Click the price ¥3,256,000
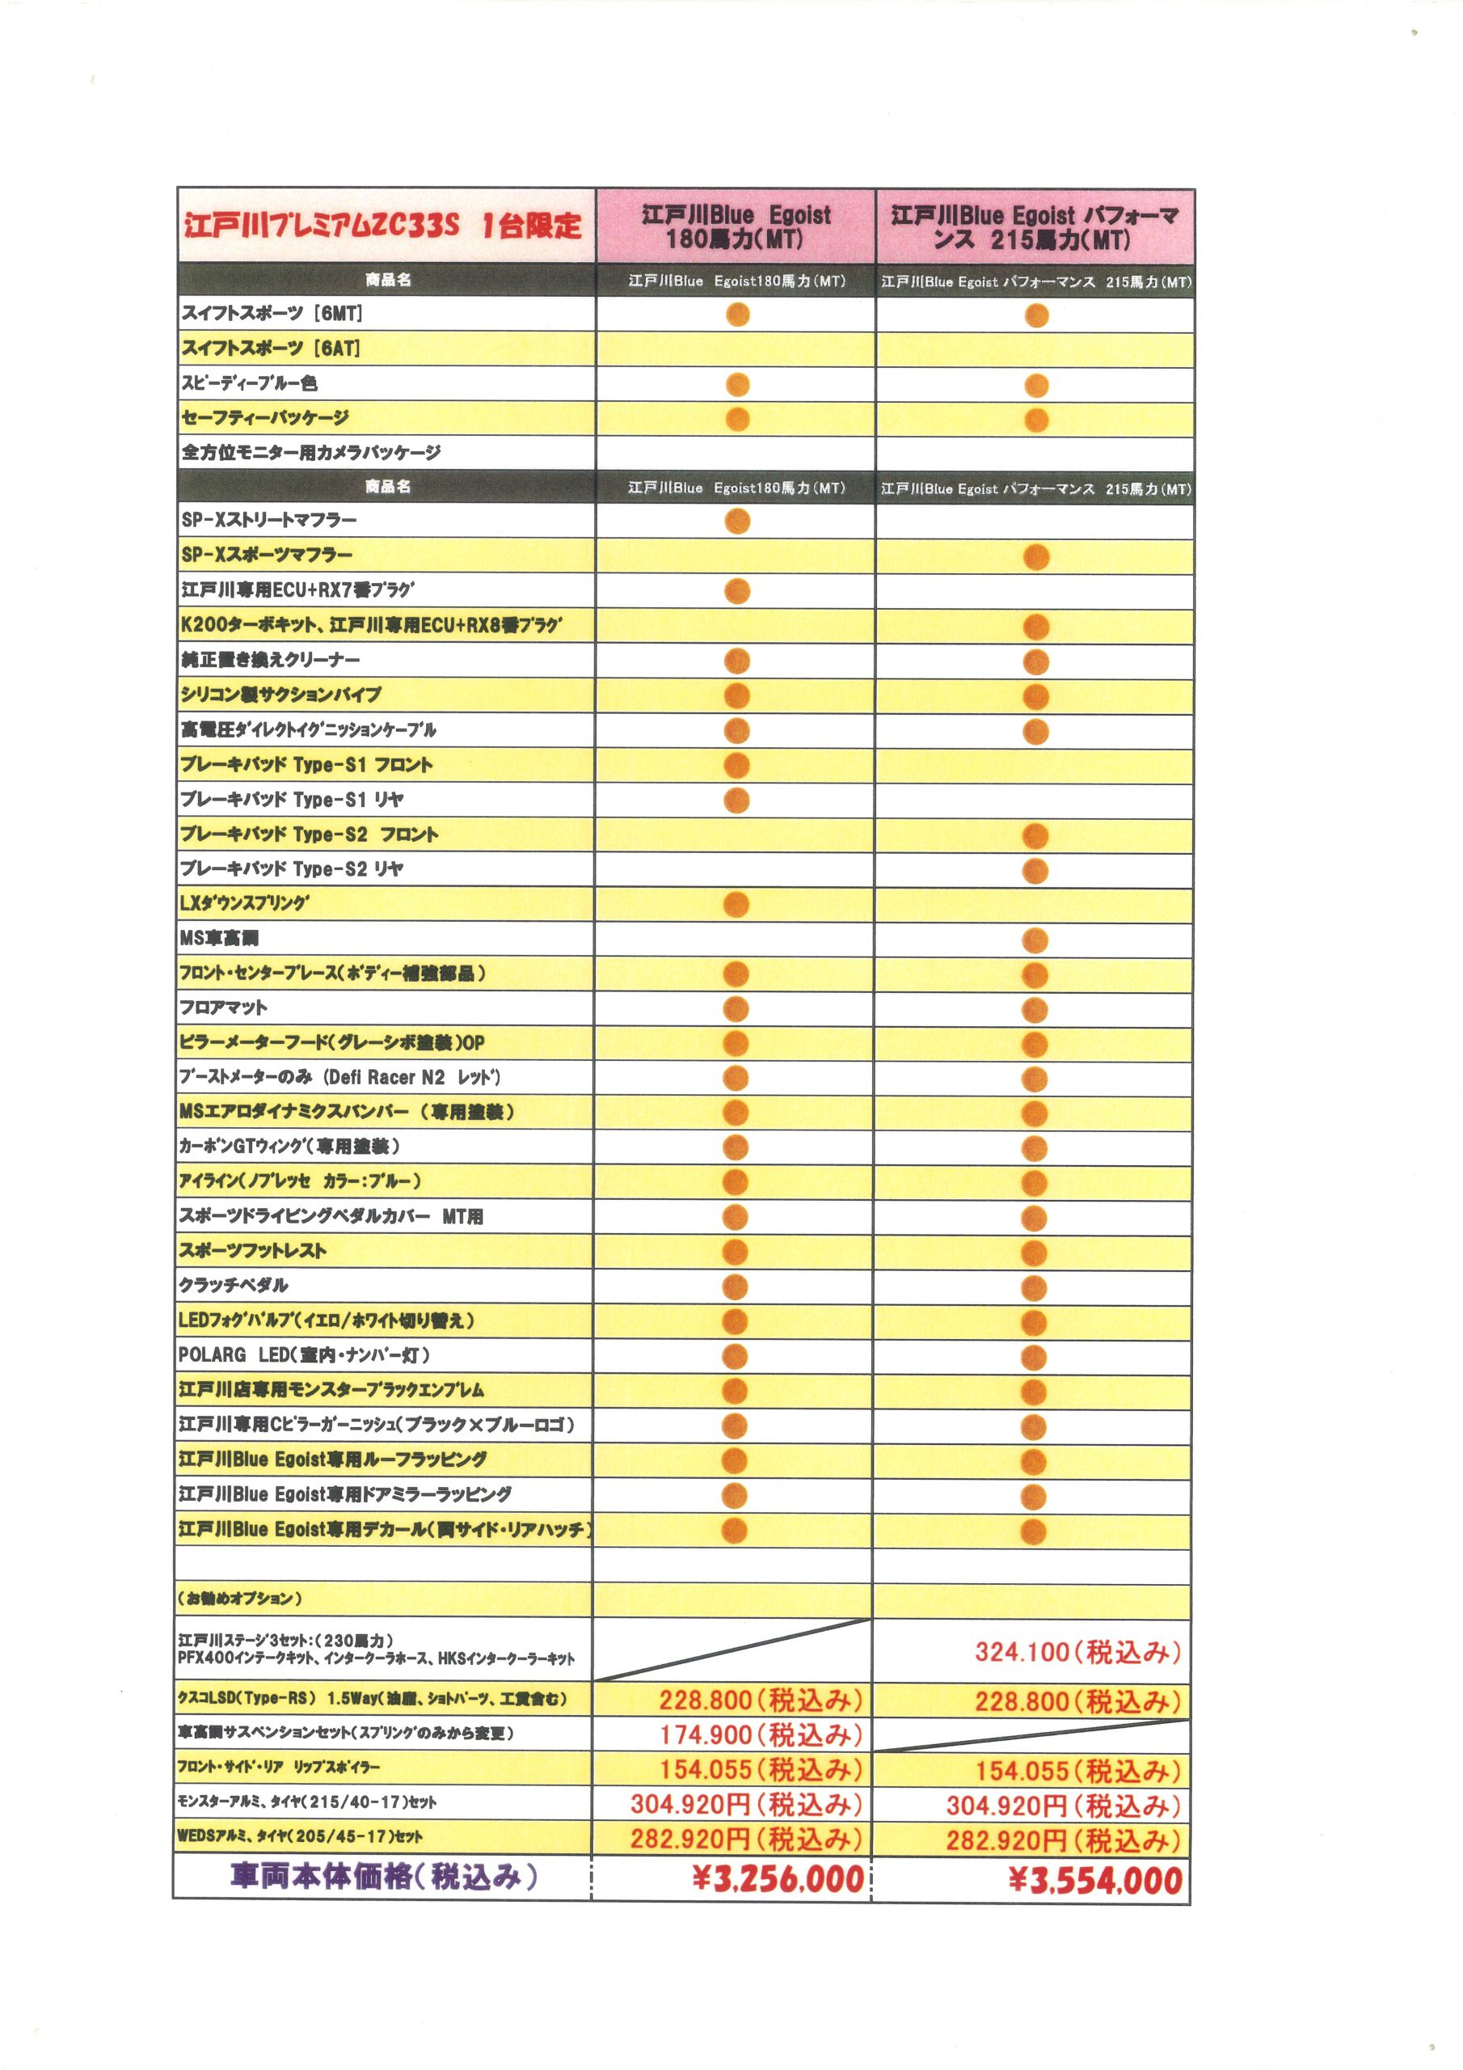pyautogui.click(x=778, y=1879)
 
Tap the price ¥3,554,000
pyautogui.click(x=1094, y=1881)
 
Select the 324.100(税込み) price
pyautogui.click(x=1077, y=1652)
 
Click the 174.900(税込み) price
pyautogui.click(x=761, y=1734)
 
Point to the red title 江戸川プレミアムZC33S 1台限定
pyautogui.click(x=383, y=226)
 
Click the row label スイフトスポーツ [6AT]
pyautogui.click(x=271, y=348)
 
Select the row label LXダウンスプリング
pyautogui.click(x=244, y=902)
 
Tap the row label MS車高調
pyautogui.click(x=219, y=938)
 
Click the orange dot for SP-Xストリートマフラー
pyautogui.click(x=737, y=520)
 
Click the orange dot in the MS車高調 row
pyautogui.click(x=1035, y=940)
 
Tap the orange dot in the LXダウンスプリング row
pyautogui.click(x=736, y=904)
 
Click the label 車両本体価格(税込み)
pyautogui.click(x=383, y=1876)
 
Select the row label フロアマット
pyautogui.click(x=224, y=1007)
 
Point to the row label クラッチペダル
pyautogui.click(x=234, y=1285)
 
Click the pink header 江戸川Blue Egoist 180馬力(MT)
pyautogui.click(x=736, y=226)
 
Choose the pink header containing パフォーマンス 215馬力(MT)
pyautogui.click(x=1034, y=227)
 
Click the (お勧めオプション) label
pyautogui.click(x=240, y=1599)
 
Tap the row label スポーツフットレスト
pyautogui.click(x=252, y=1250)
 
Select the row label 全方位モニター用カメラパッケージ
pyautogui.click(x=311, y=453)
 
